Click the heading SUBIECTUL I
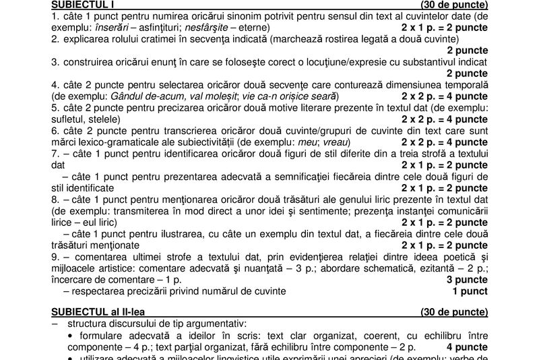(x=83, y=5)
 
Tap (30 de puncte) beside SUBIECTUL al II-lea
(x=454, y=312)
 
